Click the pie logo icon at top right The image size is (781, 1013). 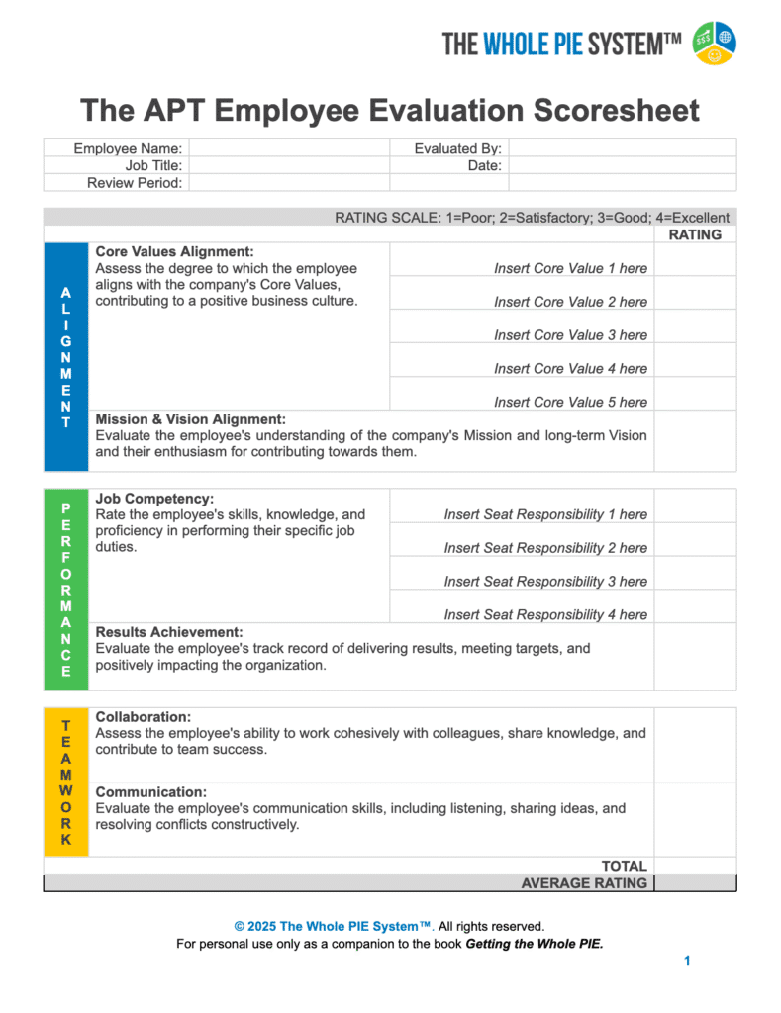coord(714,43)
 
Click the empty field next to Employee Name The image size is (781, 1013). coord(288,148)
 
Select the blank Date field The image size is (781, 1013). coord(622,166)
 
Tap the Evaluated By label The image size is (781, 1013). coord(457,148)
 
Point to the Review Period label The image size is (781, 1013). coord(135,183)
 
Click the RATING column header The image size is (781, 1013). coord(695,234)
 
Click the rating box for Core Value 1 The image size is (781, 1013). coord(695,260)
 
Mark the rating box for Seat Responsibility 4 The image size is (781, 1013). coord(695,606)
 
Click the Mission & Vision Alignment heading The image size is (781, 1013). coord(190,419)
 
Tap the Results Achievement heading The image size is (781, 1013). coord(169,632)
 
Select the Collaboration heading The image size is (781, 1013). coord(144,716)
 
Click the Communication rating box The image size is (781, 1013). coord(695,819)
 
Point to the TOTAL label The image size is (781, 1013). coord(624,866)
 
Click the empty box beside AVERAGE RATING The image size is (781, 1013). coord(695,883)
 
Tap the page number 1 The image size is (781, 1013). coord(687,961)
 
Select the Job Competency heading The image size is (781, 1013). coord(154,499)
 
